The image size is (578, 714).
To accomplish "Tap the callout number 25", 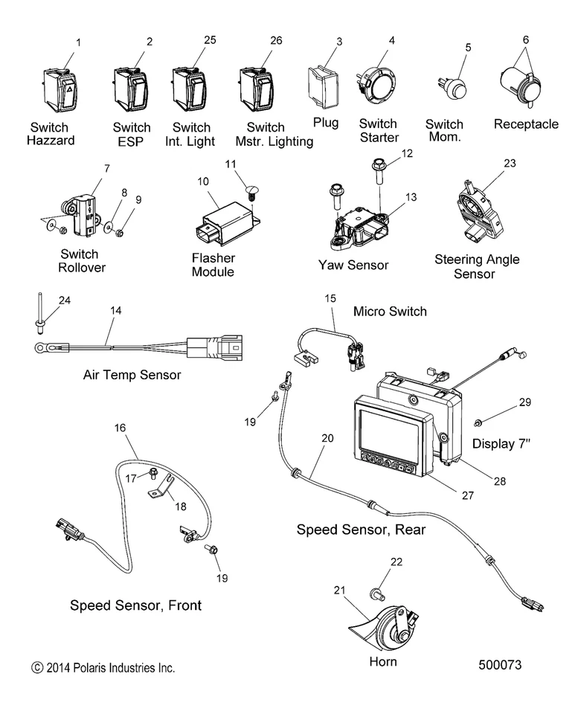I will pyautogui.click(x=209, y=39).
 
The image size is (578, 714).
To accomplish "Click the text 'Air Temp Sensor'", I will pyautogui.click(x=132, y=375).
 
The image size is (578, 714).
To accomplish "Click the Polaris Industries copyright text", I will pyautogui.click(x=103, y=668).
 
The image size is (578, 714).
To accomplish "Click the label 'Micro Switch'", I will pyautogui.click(x=391, y=311).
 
